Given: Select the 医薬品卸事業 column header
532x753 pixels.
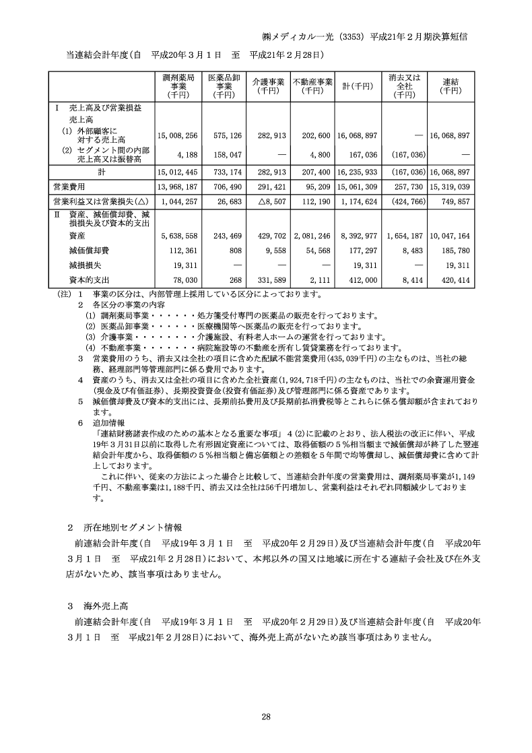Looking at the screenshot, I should pos(223,86).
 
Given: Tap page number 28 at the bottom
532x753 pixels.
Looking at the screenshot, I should pos(266,716).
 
